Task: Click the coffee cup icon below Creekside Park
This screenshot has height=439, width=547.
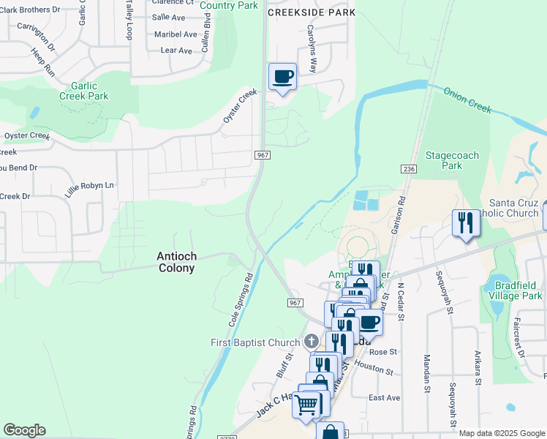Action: (x=282, y=77)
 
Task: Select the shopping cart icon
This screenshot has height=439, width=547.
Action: (x=306, y=403)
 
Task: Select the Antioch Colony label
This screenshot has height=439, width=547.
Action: (x=176, y=262)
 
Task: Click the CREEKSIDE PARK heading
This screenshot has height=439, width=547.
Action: (x=312, y=12)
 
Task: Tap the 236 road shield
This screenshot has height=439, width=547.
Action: (x=409, y=169)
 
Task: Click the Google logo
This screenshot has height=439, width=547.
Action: (x=24, y=429)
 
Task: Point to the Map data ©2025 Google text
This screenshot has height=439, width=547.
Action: (x=502, y=433)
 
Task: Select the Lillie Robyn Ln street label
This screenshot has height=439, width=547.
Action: (x=90, y=186)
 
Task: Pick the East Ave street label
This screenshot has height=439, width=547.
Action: (x=384, y=397)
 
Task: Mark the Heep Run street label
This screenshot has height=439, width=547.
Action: (x=43, y=63)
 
